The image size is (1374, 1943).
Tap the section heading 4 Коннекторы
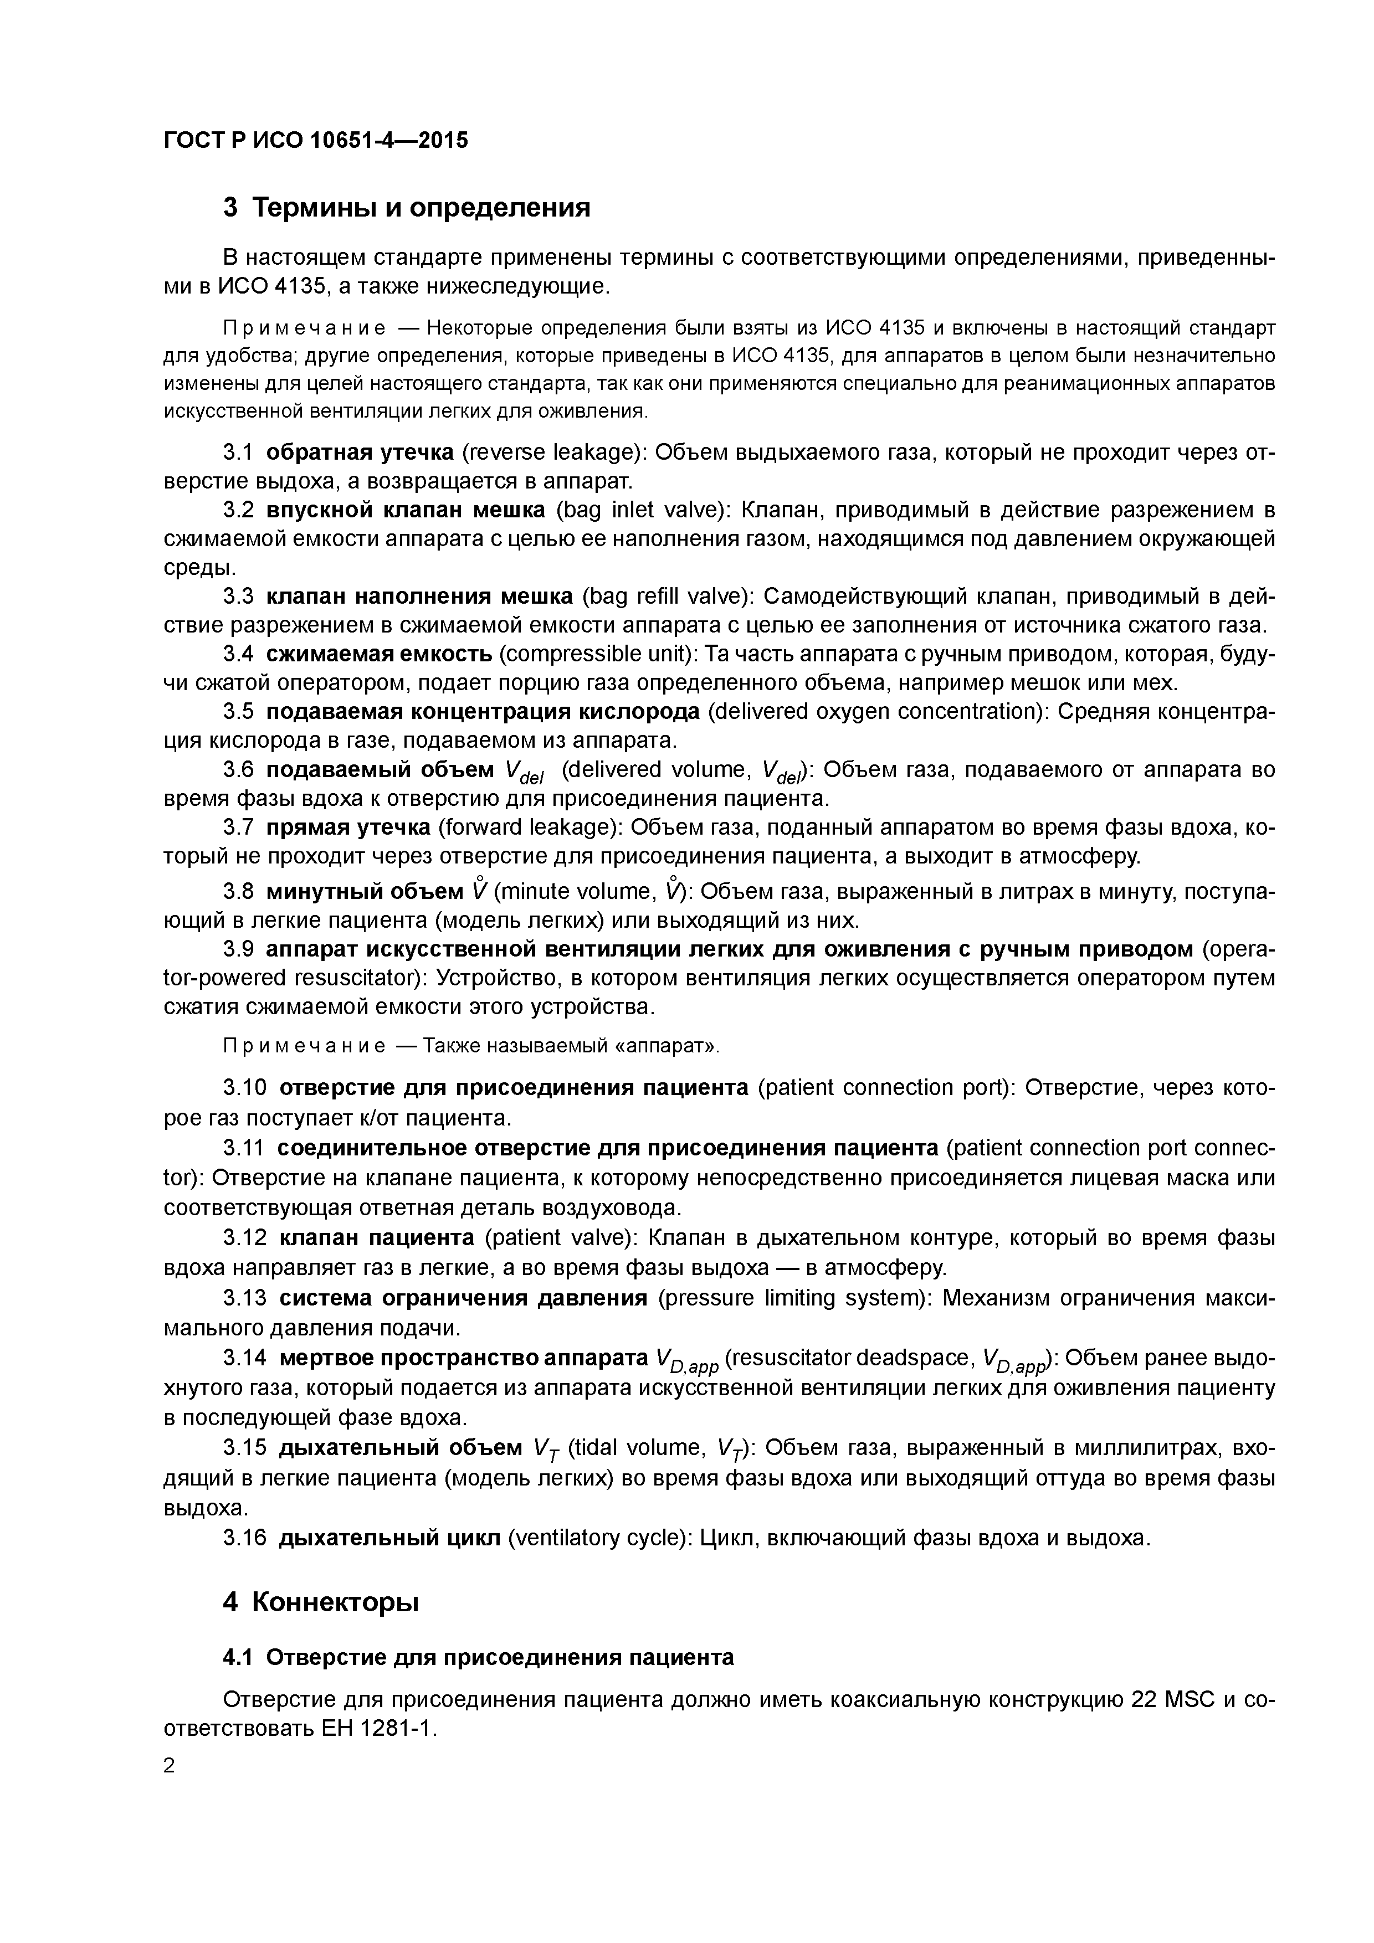(321, 1602)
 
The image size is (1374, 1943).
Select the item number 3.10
(245, 1087)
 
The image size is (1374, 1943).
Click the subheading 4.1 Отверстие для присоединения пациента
(478, 1657)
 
